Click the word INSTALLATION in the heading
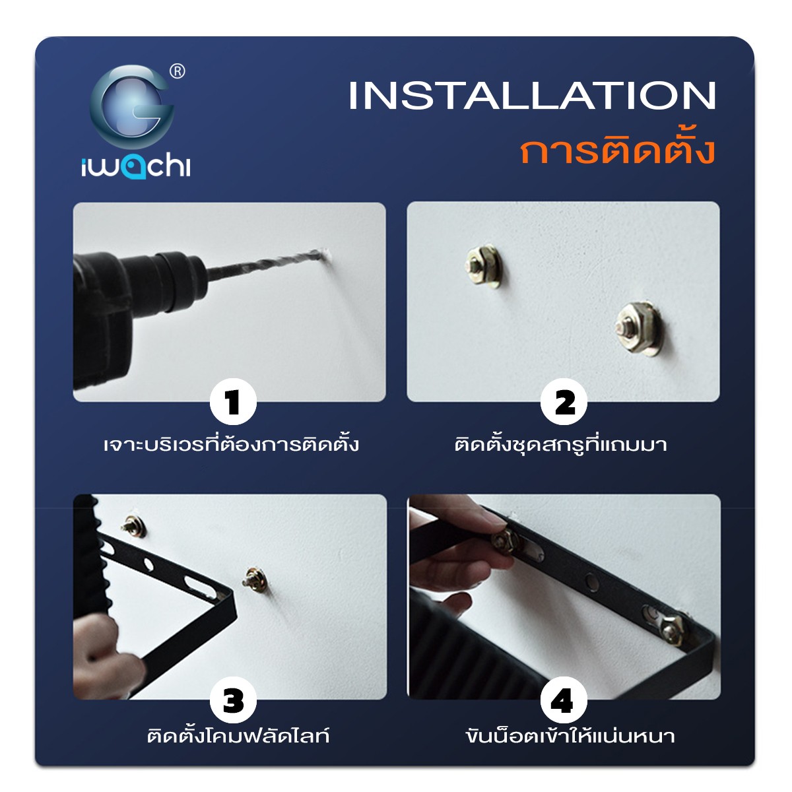(x=532, y=95)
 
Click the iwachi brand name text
(x=136, y=168)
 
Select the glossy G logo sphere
(x=131, y=107)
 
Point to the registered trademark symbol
(x=177, y=71)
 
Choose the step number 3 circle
(x=234, y=700)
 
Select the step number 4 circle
(x=564, y=700)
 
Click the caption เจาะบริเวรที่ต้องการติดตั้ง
(x=231, y=445)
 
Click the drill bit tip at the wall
(x=327, y=254)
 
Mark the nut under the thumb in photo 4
(x=506, y=543)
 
